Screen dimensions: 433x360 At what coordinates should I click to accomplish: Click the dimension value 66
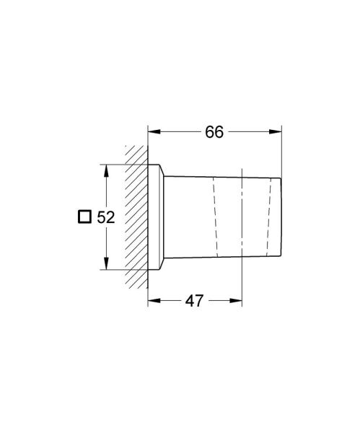click(x=214, y=132)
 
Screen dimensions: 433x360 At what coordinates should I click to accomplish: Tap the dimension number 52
click(x=106, y=217)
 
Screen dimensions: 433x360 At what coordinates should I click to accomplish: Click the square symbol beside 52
click(x=84, y=216)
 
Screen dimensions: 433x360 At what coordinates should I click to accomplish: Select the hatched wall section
click(x=137, y=216)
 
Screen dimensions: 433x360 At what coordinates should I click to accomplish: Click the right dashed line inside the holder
click(x=269, y=216)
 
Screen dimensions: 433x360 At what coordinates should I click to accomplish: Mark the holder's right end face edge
click(x=280, y=216)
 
